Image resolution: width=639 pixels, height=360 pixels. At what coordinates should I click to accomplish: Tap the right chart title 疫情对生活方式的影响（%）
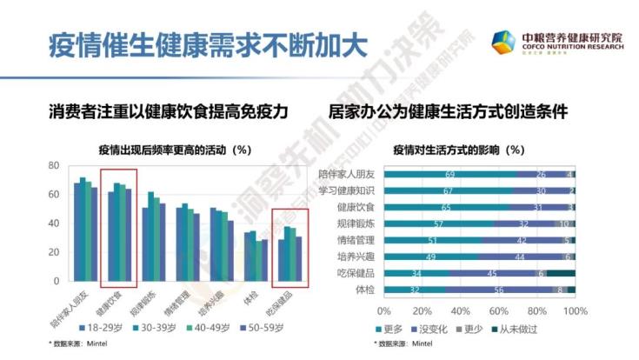[x=457, y=149]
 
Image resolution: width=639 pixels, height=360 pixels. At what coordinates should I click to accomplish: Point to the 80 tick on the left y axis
[x=53, y=165]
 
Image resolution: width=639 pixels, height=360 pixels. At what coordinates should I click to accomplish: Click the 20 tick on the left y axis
[x=53, y=252]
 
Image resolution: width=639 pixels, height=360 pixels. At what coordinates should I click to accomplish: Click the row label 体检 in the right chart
[x=364, y=290]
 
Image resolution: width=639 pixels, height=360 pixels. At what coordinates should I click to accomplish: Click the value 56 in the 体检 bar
[x=500, y=290]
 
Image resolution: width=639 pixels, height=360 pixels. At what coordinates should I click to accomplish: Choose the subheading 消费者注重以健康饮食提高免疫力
[x=168, y=112]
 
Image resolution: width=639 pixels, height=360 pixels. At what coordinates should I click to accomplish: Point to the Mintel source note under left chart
[x=78, y=345]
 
